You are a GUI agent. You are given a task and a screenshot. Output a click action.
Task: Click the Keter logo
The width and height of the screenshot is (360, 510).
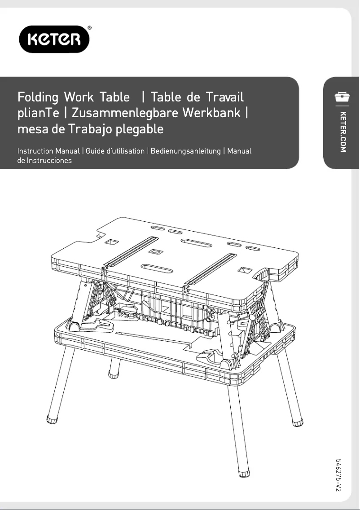point(54,39)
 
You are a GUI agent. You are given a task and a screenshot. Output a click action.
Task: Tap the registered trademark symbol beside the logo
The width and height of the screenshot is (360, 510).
point(89,28)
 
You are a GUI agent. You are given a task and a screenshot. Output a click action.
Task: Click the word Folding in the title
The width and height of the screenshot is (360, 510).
point(38,97)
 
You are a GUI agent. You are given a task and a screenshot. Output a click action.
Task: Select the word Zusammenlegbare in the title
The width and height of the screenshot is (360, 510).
point(123,113)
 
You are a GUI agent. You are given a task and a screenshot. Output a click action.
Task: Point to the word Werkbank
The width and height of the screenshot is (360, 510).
point(211,113)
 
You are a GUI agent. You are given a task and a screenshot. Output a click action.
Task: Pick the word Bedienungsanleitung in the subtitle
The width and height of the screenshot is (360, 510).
point(186,151)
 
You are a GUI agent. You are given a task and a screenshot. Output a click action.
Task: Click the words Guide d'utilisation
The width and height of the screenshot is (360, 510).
point(115,151)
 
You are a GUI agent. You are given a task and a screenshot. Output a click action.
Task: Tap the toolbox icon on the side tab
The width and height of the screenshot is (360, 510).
point(342,97)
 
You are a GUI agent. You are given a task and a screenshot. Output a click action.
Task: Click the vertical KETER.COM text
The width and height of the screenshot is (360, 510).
point(343,132)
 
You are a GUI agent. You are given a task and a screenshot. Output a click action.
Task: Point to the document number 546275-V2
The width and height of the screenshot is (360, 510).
point(338,475)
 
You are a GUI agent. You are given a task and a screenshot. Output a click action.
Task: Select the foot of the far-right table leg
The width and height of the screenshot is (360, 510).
point(297,422)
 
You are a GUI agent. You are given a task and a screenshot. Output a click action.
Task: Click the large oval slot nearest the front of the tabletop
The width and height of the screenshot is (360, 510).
point(157,269)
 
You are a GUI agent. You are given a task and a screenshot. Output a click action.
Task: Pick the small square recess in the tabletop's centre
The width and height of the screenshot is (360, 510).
point(155,252)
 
